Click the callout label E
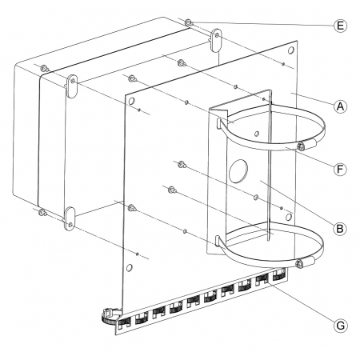pos(340,26)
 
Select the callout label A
pos(340,106)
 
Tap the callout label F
pos(340,169)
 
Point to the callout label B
pos(340,229)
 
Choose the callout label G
pos(340,326)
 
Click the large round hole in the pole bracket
pos(238,171)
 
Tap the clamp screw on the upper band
pos(301,146)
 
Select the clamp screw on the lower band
pos(299,263)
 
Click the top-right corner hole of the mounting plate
pos(291,50)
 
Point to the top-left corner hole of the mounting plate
pos(131,101)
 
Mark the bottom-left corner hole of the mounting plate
pos(130,267)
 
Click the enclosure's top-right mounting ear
pos(216,40)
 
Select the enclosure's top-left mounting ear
pos(72,86)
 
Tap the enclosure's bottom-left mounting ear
pos(70,218)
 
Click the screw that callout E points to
pos(188,23)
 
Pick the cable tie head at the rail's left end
pos(110,316)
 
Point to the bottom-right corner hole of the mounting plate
pos(289,217)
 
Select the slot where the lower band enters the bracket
pos(218,240)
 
